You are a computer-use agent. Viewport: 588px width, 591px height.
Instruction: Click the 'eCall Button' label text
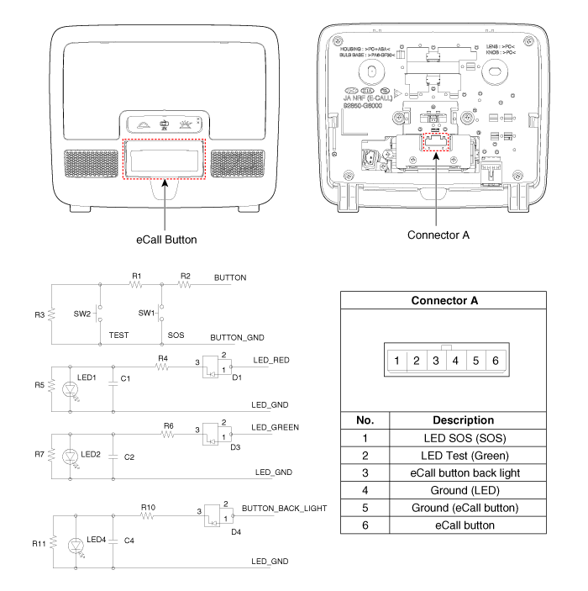pos(166,240)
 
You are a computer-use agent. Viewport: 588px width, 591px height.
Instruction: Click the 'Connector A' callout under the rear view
pos(439,235)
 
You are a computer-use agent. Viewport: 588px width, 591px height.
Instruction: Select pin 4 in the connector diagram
pos(455,361)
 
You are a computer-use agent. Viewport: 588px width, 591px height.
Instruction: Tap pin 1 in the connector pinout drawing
pos(396,361)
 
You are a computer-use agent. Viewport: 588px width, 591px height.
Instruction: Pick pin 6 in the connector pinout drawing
pos(496,361)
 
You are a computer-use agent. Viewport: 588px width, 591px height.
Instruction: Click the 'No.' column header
pos(365,420)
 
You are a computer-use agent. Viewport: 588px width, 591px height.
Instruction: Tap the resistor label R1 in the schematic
pos(137,276)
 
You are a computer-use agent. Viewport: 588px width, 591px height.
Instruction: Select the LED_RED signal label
pos(271,361)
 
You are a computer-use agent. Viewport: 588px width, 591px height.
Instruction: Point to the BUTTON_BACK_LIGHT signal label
pos(283,509)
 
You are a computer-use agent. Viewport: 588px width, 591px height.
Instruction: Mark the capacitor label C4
pos(129,541)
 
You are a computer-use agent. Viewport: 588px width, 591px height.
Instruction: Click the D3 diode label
pos(236,447)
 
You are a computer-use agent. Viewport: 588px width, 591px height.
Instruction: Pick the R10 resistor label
pos(149,508)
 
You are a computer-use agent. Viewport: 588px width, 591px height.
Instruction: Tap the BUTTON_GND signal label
pos(238,337)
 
